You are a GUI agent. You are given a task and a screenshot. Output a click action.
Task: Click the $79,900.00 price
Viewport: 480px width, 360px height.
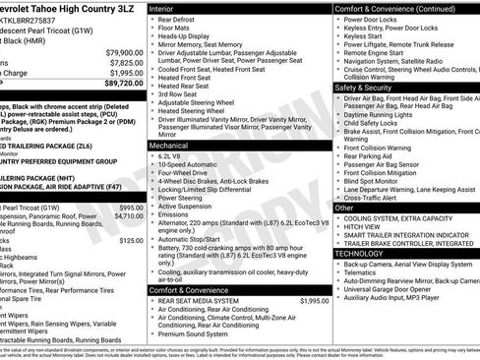pyautogui.click(x=125, y=52)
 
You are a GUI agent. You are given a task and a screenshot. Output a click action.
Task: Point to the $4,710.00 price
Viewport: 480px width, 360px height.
pyautogui.click(x=127, y=216)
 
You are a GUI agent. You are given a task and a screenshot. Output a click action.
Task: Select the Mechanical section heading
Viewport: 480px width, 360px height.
pyautogui.click(x=169, y=145)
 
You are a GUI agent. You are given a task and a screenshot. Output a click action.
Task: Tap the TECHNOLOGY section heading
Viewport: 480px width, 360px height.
pyautogui.click(x=361, y=253)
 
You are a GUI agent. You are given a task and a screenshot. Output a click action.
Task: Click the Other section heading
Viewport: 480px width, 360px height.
pyautogui.click(x=346, y=209)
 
